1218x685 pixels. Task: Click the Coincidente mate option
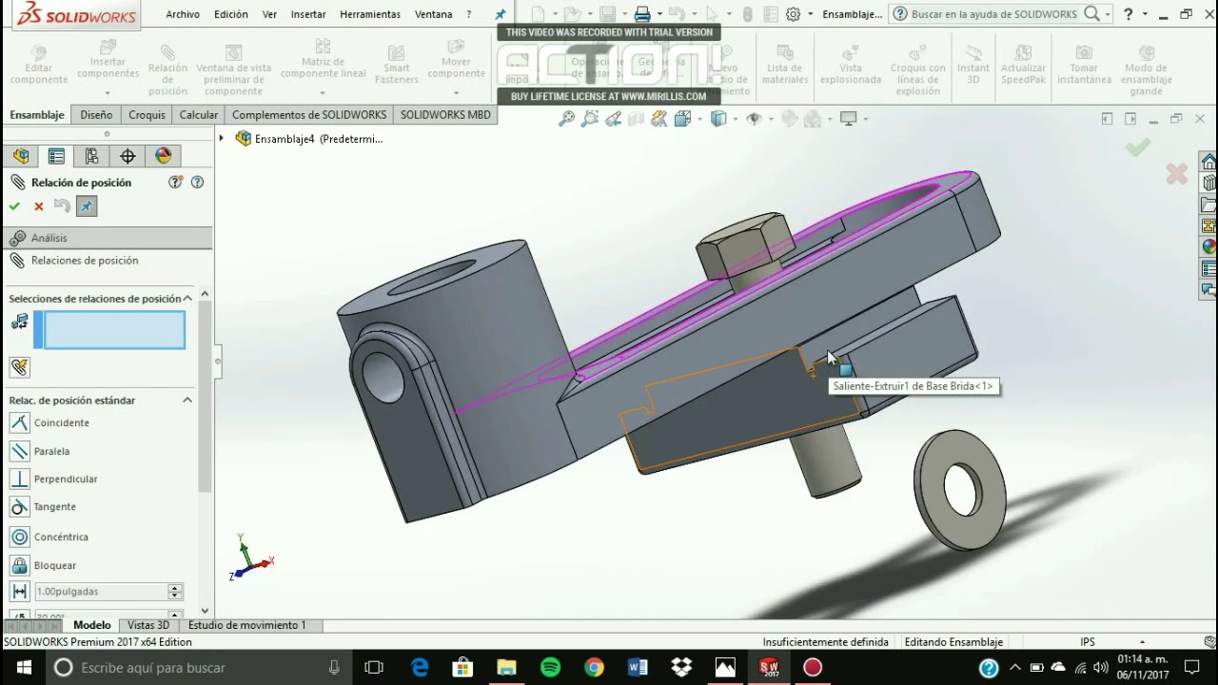pyautogui.click(x=61, y=422)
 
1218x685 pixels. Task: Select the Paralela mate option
pyautogui.click(x=51, y=451)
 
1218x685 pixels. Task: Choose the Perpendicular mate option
pyautogui.click(x=65, y=479)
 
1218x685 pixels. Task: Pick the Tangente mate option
pyautogui.click(x=54, y=507)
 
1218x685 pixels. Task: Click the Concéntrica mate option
pyautogui.click(x=60, y=538)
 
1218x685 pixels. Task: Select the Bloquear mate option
pyautogui.click(x=54, y=565)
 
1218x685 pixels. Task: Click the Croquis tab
pyautogui.click(x=147, y=114)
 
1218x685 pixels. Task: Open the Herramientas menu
pyautogui.click(x=370, y=14)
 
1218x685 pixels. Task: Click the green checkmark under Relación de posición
pyautogui.click(x=14, y=206)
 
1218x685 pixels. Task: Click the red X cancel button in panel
pyautogui.click(x=39, y=206)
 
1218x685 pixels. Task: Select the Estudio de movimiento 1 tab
pyautogui.click(x=246, y=625)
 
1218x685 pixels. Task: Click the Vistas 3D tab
pyautogui.click(x=148, y=625)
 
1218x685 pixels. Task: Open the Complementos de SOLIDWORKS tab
pyautogui.click(x=308, y=114)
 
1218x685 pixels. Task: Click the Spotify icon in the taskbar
pyautogui.click(x=550, y=668)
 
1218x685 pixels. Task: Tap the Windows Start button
pyautogui.click(x=23, y=668)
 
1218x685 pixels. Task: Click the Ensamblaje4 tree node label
pyautogui.click(x=318, y=139)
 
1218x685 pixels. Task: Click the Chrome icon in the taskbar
pyautogui.click(x=594, y=668)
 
